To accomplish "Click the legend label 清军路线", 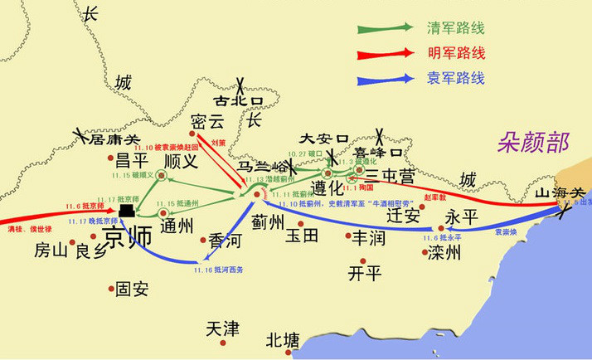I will coord(454,27).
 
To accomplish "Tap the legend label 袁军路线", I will coord(454,79).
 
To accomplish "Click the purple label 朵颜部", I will coord(533,142).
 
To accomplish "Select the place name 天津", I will coord(222,328).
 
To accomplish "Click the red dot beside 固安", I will coord(112,289).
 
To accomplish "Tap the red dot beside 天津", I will coord(221,343).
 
